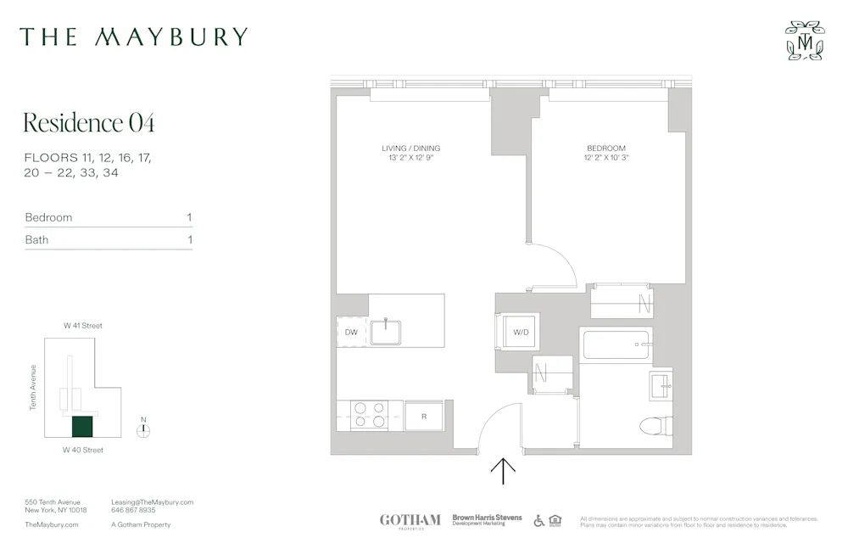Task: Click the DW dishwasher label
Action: pyautogui.click(x=351, y=333)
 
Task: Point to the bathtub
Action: pyautogui.click(x=616, y=345)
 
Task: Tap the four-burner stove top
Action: pyautogui.click(x=369, y=415)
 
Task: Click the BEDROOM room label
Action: pyautogui.click(x=605, y=148)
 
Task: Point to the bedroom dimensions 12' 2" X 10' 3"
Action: pyautogui.click(x=605, y=158)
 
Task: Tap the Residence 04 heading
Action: pyautogui.click(x=89, y=123)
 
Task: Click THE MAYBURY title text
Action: pyautogui.click(x=134, y=36)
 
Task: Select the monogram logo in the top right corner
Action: pyautogui.click(x=805, y=41)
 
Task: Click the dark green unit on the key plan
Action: pyautogui.click(x=82, y=426)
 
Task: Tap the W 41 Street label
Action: pyautogui.click(x=83, y=326)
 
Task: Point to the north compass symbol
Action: pyautogui.click(x=143, y=429)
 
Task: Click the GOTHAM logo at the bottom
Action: pyautogui.click(x=410, y=519)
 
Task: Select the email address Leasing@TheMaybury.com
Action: pyautogui.click(x=153, y=502)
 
